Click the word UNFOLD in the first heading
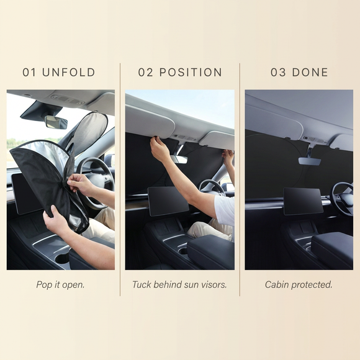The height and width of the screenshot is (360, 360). pos(68,73)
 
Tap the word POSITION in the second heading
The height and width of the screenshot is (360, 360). pos(191,73)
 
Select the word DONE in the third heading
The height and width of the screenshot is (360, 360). pos(310,73)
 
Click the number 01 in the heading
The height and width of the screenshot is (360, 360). pos(29,73)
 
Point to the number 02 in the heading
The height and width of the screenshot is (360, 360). pos(146,73)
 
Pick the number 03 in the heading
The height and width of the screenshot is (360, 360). pos(278,73)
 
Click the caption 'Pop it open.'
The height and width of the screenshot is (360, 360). pos(60,285)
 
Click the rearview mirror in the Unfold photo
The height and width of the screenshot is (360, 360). pos(56,122)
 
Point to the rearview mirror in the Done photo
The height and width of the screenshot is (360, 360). pos(310,161)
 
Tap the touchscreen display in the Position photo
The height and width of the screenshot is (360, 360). pos(169,201)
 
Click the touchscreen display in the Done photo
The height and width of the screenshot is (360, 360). pos(303,201)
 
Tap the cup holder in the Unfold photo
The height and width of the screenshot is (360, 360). pos(63,258)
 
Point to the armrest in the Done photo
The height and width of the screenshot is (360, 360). pos(332,250)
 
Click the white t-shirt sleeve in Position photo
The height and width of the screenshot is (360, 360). pos(225,209)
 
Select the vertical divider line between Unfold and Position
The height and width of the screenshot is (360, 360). pos(120,179)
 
